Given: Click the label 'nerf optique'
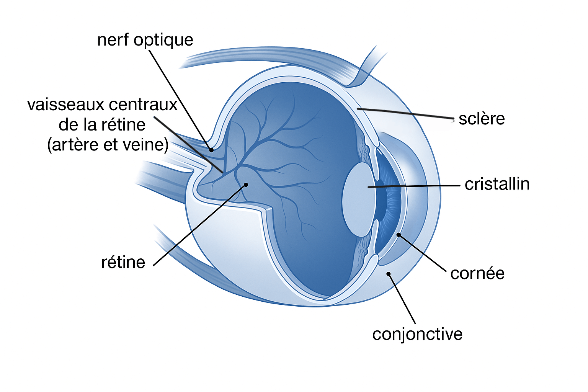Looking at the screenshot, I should coord(145,40).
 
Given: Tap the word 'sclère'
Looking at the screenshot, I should coord(482,119).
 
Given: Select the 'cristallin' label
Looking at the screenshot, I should coord(497,184).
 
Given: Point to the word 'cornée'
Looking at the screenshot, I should coord(477,273).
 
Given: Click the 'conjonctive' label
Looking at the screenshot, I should coord(417,334).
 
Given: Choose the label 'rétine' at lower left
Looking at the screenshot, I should coord(123,262).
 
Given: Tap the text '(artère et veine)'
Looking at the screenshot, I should coord(108,145).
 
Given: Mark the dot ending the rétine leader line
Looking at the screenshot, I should coord(246,185).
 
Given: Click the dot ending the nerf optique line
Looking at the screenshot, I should coord(211,150).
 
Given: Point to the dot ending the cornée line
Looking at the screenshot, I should coord(399,235).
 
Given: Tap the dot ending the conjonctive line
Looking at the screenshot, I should coord(388,274).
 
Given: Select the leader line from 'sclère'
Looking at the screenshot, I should coord(406,113).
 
